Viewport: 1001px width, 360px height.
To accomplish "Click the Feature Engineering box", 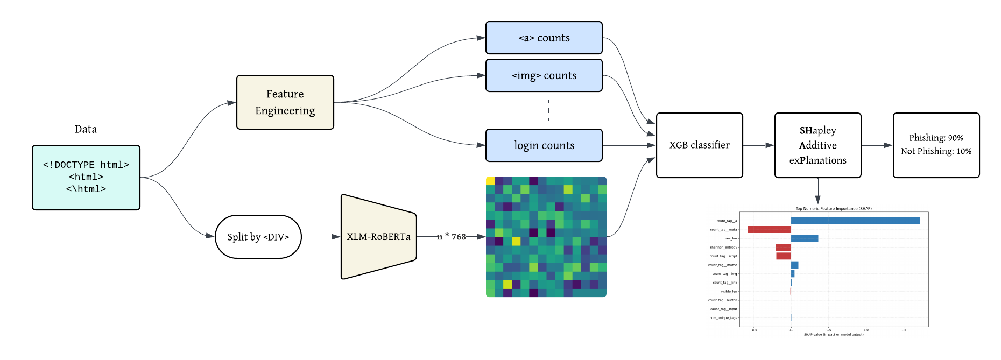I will [285, 102].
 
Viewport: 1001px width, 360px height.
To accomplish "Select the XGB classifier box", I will [699, 145].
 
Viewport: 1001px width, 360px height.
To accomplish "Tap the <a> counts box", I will [544, 38].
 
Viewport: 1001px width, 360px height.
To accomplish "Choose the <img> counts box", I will [544, 75].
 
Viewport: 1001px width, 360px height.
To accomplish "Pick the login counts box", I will [544, 145].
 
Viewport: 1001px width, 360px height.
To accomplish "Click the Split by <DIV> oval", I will [258, 237].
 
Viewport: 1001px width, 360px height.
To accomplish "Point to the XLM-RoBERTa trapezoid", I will [378, 237].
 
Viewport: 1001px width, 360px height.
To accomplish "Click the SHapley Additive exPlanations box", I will [817, 145].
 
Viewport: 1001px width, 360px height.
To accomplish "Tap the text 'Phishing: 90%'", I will [936, 138].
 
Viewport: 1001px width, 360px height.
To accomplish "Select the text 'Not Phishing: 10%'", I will [936, 151].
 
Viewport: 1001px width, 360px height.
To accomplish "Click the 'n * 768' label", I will [452, 237].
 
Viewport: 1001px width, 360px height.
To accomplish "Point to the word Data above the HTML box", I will [86, 129].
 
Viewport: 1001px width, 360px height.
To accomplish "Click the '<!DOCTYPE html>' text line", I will [86, 165].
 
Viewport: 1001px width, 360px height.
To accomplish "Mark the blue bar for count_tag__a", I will [855, 221].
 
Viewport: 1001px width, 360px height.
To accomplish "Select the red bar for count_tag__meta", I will [770, 230].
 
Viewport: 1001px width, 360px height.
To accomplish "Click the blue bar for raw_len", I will [804, 238].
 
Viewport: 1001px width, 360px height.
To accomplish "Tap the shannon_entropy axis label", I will [723, 248].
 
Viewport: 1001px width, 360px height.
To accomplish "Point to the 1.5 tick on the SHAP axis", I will [904, 330].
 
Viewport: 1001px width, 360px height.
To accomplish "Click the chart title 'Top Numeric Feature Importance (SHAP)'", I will [834, 209].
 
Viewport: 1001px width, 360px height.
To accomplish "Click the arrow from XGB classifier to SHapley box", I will [758, 145].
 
